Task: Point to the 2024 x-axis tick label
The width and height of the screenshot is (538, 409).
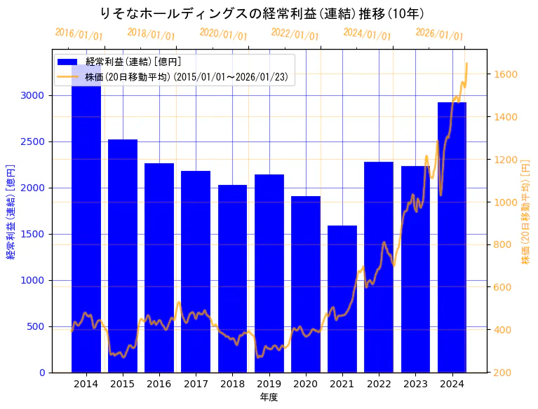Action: coord(452,384)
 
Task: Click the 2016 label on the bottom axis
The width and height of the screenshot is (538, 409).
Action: coord(159,384)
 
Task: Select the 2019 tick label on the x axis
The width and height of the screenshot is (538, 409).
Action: coord(269,384)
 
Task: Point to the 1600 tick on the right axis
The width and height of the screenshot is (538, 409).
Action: coord(506,74)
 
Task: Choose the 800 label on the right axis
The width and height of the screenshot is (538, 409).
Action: coord(503,244)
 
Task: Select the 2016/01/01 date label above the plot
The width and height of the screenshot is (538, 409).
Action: coord(79,34)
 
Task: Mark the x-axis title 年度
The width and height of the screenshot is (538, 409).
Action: coord(269,397)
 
